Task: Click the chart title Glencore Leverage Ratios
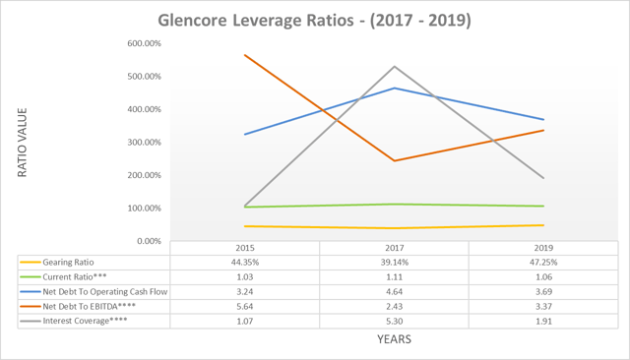click(x=314, y=19)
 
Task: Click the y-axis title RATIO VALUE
click(x=21, y=143)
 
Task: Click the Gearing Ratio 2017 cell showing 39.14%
click(x=393, y=264)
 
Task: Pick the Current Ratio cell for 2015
click(x=244, y=277)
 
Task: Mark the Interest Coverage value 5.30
click(x=393, y=320)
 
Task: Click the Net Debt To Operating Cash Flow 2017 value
click(x=393, y=292)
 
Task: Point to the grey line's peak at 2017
click(x=393, y=67)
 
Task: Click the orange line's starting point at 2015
click(x=244, y=55)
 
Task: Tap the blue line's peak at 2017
click(x=393, y=89)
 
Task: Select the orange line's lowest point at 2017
click(x=393, y=161)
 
